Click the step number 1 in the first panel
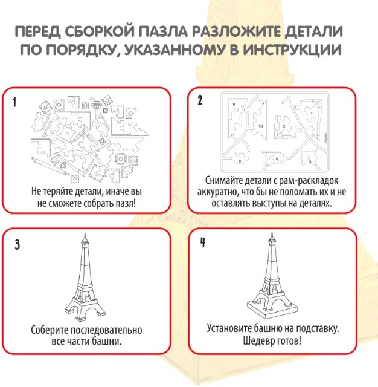(17, 102)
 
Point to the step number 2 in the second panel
(200, 100)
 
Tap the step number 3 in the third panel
(17, 244)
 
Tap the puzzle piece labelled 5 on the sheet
(310, 160)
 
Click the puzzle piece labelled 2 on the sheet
(284, 126)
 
